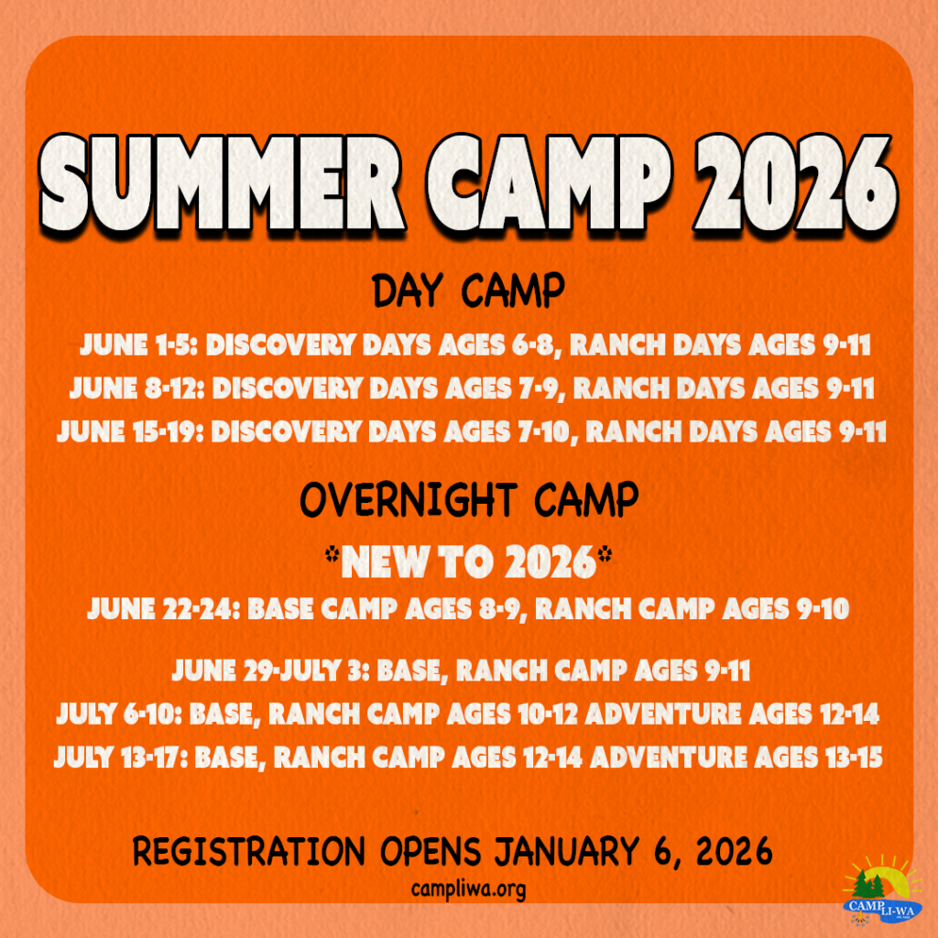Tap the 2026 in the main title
(x=794, y=183)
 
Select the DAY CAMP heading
(x=468, y=290)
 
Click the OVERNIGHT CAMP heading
(x=469, y=500)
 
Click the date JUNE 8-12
(x=137, y=388)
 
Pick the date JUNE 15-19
(x=130, y=431)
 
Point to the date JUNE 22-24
(x=164, y=609)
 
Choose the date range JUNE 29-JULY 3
(x=271, y=670)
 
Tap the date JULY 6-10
(x=119, y=714)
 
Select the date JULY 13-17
(x=121, y=757)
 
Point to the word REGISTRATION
(x=248, y=851)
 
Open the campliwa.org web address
(x=468, y=889)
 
